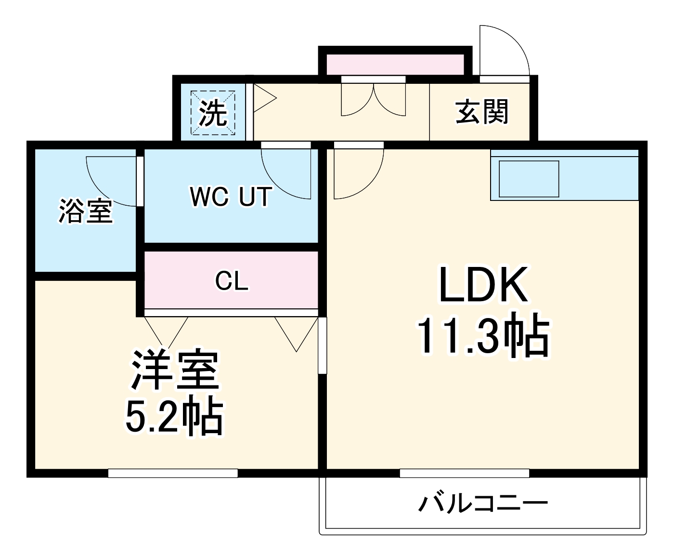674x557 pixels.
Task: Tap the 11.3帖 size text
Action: click(483, 335)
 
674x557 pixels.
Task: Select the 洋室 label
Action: click(175, 370)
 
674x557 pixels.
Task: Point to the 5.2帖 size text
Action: click(175, 416)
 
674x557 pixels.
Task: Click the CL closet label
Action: click(232, 280)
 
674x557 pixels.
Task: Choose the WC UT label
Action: click(231, 197)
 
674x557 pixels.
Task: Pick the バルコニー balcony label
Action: click(483, 504)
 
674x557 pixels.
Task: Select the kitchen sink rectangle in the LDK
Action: click(529, 179)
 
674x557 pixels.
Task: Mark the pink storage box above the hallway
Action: click(395, 65)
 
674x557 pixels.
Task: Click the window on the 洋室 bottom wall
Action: click(173, 473)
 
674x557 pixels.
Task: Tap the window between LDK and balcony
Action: click(464, 473)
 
